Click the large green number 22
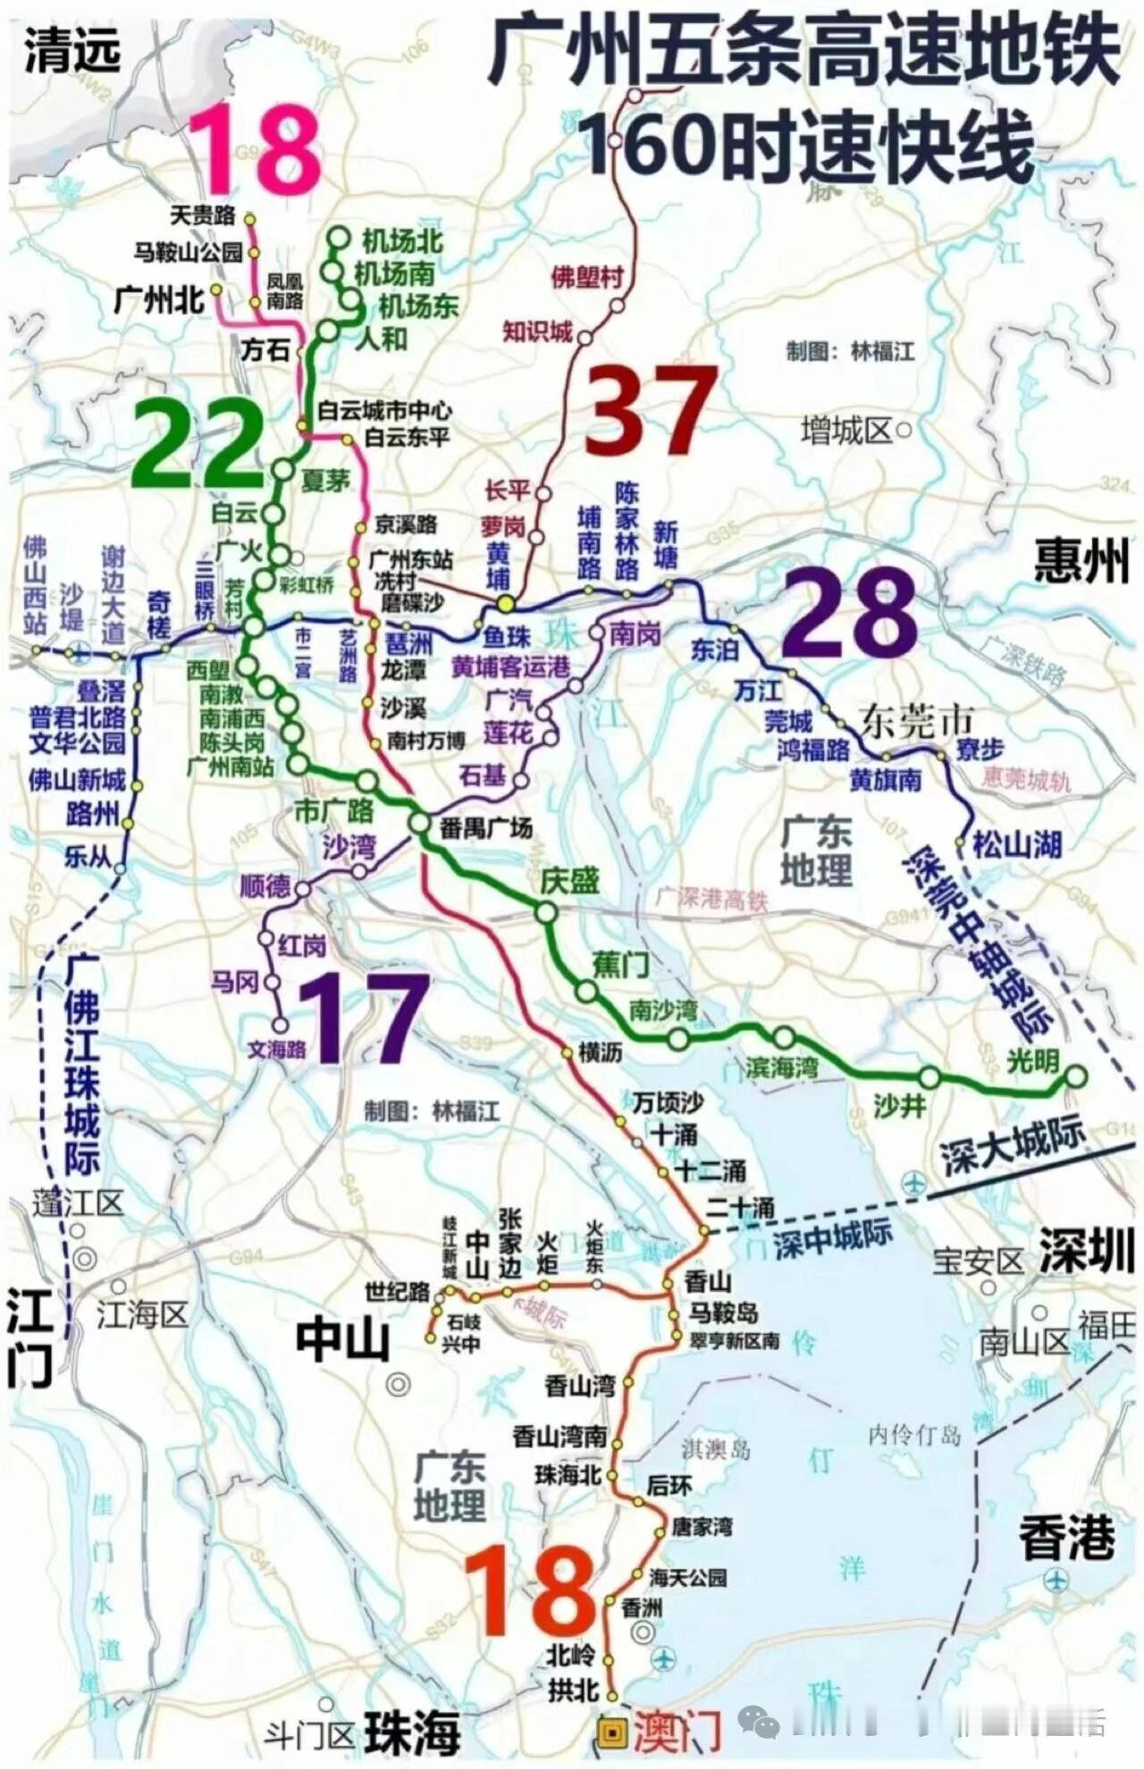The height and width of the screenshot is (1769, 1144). tap(198, 444)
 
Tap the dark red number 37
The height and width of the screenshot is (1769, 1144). tap(651, 410)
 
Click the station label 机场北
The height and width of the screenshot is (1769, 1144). tap(402, 241)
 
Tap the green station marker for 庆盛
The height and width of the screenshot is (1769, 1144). tap(547, 912)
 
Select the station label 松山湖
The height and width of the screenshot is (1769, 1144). tap(1017, 844)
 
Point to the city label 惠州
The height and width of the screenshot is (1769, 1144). tap(1081, 561)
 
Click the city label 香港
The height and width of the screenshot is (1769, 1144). tap(1067, 1538)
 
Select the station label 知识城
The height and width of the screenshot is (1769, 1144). tap(537, 331)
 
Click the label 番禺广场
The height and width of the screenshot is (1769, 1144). tap(485, 828)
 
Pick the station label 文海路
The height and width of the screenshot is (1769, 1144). tap(276, 1049)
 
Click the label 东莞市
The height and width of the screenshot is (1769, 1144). tap(916, 721)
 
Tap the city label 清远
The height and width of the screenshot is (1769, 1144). tap(71, 52)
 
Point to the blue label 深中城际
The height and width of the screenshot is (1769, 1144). tap(832, 1238)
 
